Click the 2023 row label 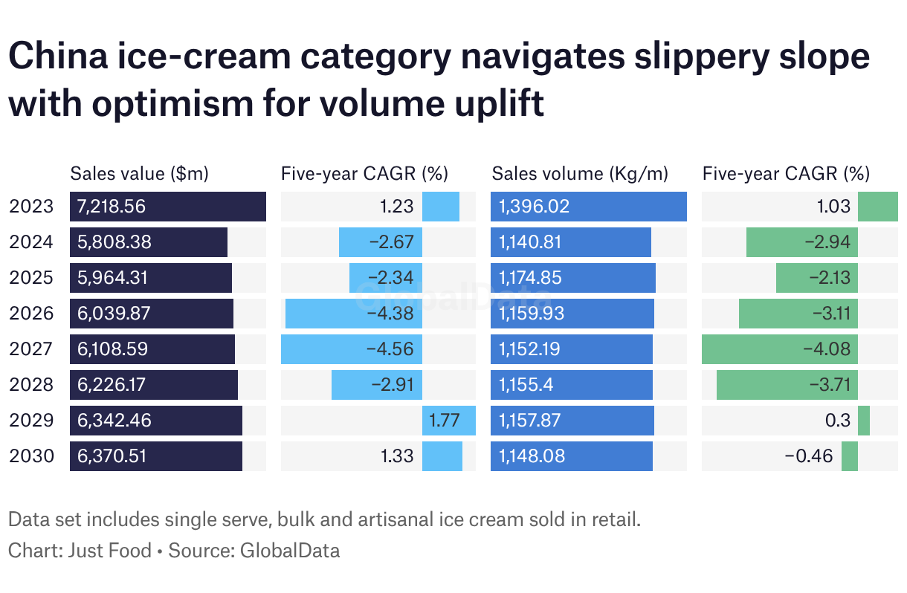click(x=32, y=207)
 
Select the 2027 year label click(x=32, y=349)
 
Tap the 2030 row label click(x=32, y=456)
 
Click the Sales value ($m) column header click(x=139, y=174)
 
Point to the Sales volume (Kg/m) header click(x=580, y=174)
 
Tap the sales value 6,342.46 click(x=114, y=421)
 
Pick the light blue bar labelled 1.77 click(x=449, y=421)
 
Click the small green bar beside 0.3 click(x=864, y=421)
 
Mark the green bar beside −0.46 click(x=850, y=456)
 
